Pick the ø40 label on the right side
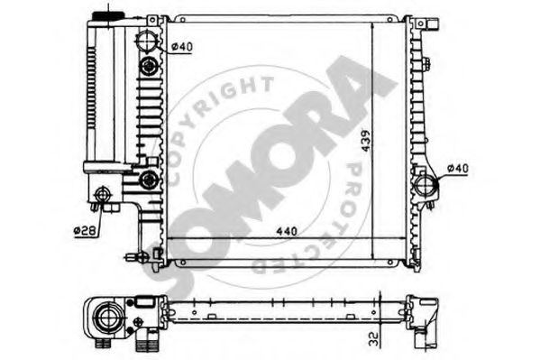pyautogui.click(x=458, y=169)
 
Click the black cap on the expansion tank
pyautogui.click(x=106, y=12)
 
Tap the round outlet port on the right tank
pyautogui.click(x=426, y=187)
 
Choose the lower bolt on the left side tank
pyautogui.click(x=148, y=180)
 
